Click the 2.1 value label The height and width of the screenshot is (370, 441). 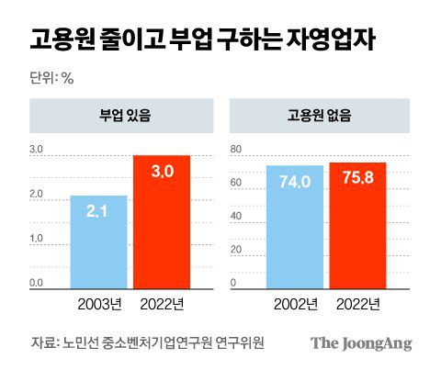(98, 211)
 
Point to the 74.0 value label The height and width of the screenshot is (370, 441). (295, 181)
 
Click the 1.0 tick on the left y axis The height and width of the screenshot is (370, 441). (37, 238)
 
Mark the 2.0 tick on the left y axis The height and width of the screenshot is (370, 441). (37, 194)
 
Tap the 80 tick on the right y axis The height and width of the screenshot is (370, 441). (234, 150)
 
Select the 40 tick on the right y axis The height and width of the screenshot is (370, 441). (234, 216)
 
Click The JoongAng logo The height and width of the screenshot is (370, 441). (360, 343)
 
